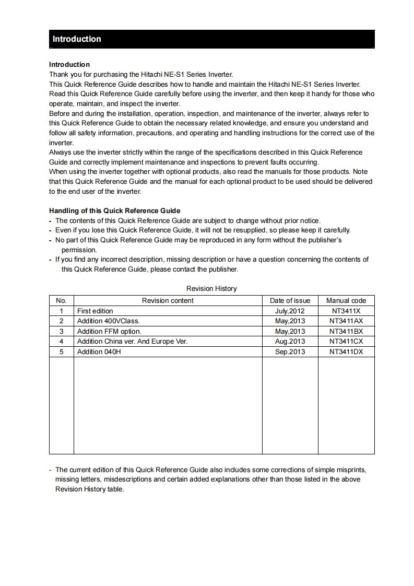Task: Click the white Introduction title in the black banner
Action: [77, 39]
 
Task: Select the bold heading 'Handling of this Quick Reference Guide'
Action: [114, 211]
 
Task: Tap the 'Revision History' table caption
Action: [211, 288]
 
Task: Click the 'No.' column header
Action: [61, 300]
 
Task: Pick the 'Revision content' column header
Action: [168, 300]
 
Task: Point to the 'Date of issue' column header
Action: [290, 300]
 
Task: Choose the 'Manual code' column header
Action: [346, 300]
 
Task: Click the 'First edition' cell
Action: [95, 311]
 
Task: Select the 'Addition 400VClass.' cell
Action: [108, 321]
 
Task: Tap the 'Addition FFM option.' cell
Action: [109, 331]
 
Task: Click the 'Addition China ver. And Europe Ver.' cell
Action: [132, 341]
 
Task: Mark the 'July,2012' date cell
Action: [290, 311]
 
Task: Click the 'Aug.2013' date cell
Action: [290, 341]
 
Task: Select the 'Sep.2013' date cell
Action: [290, 351]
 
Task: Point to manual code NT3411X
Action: [346, 311]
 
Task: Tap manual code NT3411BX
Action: [346, 331]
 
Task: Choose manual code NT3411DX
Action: [346, 351]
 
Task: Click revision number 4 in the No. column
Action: [61, 341]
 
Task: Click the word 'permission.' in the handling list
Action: [79, 250]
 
